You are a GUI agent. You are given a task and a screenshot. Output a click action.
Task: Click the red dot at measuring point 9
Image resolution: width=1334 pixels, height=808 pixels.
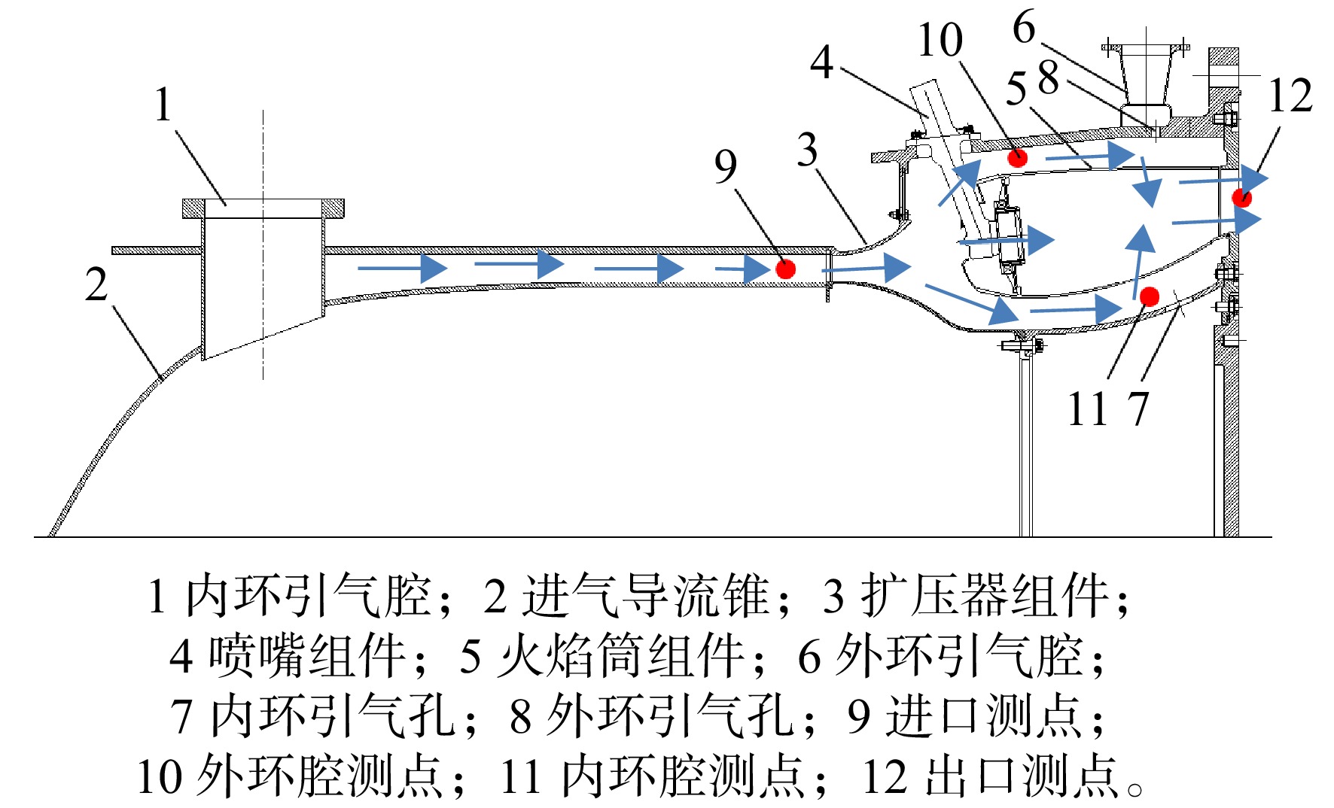[785, 269]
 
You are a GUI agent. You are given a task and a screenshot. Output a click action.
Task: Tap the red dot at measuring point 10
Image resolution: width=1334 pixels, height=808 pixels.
[1018, 157]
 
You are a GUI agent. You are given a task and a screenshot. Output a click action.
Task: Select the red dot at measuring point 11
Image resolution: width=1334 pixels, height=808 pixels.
[1149, 296]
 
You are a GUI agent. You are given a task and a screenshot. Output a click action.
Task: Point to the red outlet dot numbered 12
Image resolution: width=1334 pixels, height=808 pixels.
[1241, 197]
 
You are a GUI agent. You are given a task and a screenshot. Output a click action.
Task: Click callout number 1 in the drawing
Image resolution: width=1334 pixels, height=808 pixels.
[163, 105]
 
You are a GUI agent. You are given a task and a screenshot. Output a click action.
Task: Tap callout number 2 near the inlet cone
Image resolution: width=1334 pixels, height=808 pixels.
[96, 284]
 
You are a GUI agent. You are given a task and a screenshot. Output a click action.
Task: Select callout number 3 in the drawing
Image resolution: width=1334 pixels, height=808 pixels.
[807, 149]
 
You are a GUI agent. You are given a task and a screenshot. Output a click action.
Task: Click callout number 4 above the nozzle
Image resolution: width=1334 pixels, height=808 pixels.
[821, 62]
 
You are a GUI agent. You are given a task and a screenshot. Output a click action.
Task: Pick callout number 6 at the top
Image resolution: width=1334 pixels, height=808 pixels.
[1024, 27]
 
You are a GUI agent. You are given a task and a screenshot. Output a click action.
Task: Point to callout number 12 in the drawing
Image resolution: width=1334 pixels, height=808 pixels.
[1290, 95]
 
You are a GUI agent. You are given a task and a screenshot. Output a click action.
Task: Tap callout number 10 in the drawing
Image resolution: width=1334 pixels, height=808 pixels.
[940, 40]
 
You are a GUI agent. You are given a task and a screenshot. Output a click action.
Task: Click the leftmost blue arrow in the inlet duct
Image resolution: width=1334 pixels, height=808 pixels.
[403, 268]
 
